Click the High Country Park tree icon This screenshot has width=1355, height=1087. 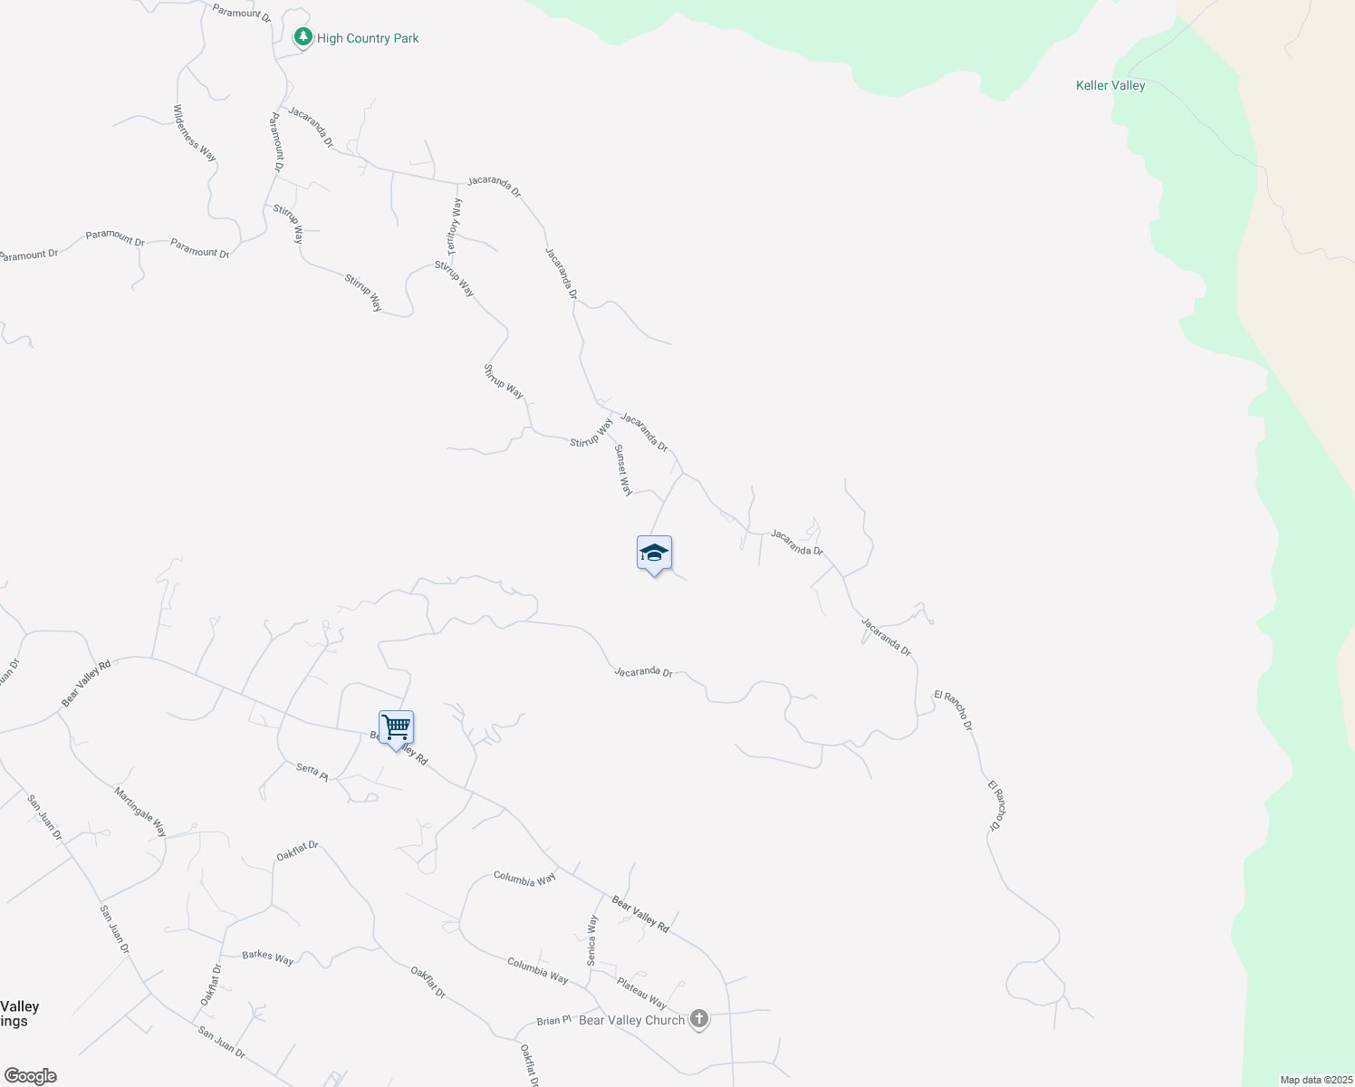tap(303, 37)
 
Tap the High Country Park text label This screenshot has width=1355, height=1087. tap(368, 38)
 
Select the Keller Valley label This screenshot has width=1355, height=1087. tap(1110, 85)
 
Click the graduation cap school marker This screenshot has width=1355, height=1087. tap(654, 553)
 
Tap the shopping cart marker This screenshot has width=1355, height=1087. tap(396, 727)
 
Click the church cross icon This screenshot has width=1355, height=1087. tap(699, 1019)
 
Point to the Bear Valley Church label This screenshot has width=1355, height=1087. tap(631, 1020)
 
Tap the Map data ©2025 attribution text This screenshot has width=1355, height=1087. tap(1316, 1080)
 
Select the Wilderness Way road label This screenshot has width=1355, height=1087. tap(195, 133)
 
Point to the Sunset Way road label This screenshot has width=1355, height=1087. tap(623, 470)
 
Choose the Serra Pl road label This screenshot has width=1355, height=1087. tap(312, 770)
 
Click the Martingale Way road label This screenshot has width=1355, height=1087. tap(140, 812)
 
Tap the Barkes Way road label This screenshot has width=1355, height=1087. tap(268, 957)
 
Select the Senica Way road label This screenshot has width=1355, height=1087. tap(592, 939)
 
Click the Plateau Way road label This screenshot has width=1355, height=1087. tap(641, 993)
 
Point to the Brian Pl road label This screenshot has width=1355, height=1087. tap(553, 1020)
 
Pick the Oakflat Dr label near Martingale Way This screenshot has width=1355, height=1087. tap(297, 851)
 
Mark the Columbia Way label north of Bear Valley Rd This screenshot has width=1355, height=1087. tap(524, 878)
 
